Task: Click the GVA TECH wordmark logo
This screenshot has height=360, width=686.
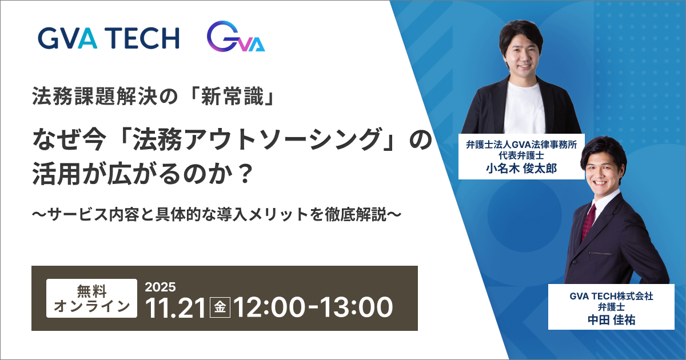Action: tap(109, 38)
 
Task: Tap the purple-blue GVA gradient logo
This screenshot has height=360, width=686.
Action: tap(235, 38)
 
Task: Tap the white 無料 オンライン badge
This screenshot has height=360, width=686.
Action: tap(91, 298)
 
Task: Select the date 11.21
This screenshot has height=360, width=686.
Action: tap(176, 308)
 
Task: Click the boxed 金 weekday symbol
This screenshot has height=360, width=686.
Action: tap(220, 308)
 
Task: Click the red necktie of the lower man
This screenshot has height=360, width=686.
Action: tap(589, 221)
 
